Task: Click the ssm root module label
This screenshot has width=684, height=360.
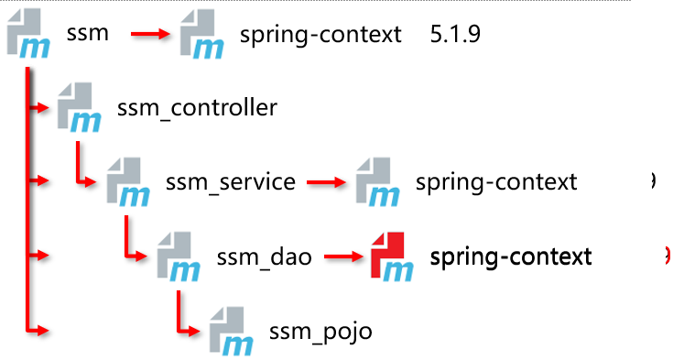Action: coord(87,34)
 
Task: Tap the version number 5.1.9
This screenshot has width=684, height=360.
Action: coord(455,34)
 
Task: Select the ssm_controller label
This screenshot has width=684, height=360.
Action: coord(197,108)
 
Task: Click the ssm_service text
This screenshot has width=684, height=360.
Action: coord(231,182)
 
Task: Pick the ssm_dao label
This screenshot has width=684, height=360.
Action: coord(264,256)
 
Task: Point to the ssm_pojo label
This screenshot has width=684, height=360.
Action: coord(320,333)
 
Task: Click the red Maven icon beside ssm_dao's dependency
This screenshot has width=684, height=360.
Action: coord(391,256)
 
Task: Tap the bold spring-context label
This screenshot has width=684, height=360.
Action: coord(511,257)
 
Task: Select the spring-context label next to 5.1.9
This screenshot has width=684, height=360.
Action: coord(320,35)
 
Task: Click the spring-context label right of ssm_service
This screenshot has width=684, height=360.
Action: coord(496,182)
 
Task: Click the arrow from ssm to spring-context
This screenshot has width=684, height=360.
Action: coord(150,34)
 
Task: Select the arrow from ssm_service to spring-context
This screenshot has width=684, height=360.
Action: coord(327,182)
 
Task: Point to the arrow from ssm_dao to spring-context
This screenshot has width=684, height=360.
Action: coord(343,256)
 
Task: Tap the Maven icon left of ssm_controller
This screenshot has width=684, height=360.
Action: coord(79,107)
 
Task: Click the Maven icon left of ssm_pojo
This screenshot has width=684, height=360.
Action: coord(231,332)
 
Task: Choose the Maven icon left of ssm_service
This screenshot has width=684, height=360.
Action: coord(128,182)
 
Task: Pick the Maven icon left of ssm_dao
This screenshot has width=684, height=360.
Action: coord(179,256)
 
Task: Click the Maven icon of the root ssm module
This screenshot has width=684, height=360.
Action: coord(28,33)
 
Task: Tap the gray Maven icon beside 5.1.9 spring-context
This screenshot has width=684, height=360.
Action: coord(202,34)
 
